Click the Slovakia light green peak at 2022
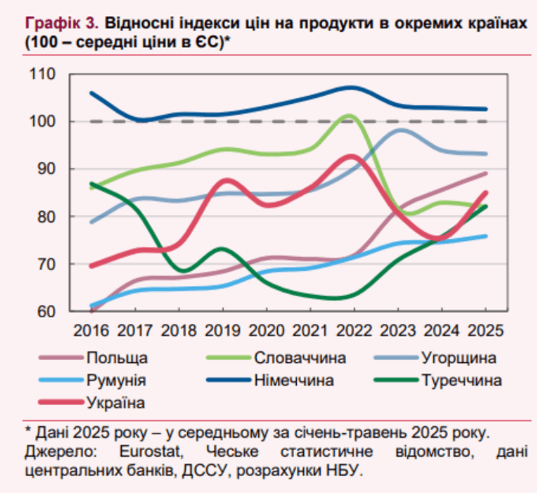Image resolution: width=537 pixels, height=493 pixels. point(350,115)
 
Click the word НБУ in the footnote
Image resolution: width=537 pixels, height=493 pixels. point(340,470)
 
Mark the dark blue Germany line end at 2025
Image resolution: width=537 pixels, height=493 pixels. point(485,109)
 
